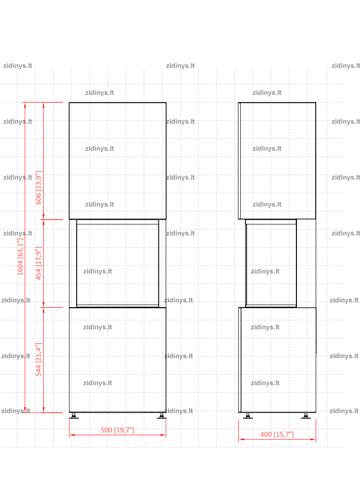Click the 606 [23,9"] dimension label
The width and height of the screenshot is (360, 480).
click(39, 188)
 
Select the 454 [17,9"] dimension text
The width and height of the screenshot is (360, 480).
click(39, 263)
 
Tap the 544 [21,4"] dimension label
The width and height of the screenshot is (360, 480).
click(39, 359)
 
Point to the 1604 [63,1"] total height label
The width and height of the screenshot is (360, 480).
click(20, 257)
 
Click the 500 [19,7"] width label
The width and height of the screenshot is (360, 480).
click(117, 430)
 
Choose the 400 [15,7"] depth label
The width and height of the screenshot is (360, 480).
click(277, 434)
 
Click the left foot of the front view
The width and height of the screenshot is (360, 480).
click(74, 415)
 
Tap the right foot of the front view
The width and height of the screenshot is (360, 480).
click(162, 415)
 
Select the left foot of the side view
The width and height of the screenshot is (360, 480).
click(248, 415)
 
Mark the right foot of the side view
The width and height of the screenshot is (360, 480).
click(306, 415)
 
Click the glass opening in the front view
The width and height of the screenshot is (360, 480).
click(117, 264)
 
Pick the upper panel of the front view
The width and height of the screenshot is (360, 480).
click(117, 161)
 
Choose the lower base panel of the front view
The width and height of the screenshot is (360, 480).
click(117, 360)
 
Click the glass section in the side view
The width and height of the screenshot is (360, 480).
click(271, 264)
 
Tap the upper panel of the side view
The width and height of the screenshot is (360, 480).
click(277, 161)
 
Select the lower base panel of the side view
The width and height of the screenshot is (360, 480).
click(277, 360)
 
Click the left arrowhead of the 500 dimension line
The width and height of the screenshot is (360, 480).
click(72, 435)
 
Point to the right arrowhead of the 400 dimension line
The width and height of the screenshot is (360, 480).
click(313, 439)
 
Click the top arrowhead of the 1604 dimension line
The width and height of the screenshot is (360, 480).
click(25, 105)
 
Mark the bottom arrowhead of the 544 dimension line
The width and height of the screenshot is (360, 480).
click(43, 410)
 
